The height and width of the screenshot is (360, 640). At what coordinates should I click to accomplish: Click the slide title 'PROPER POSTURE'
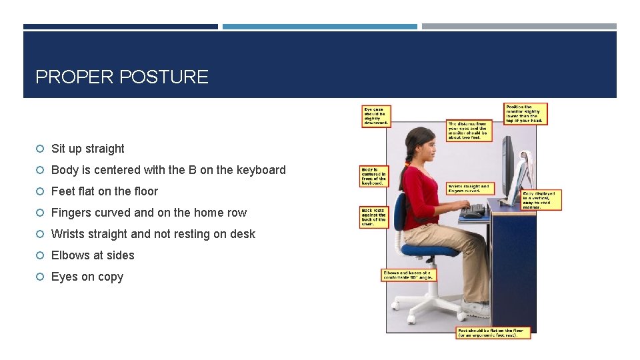click(x=121, y=77)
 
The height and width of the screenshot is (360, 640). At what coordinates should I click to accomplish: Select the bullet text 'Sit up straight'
click(x=87, y=149)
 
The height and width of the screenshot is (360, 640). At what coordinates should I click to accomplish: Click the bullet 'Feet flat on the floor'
click(x=104, y=191)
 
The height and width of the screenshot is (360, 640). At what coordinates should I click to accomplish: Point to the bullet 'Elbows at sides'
click(x=93, y=255)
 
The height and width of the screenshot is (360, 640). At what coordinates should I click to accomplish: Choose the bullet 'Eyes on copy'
click(x=87, y=277)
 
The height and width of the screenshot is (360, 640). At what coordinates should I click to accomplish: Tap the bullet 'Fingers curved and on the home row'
click(x=149, y=213)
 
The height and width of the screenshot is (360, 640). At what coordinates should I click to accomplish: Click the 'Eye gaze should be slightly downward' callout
click(x=375, y=116)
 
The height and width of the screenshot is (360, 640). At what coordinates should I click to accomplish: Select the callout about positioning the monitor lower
click(x=525, y=113)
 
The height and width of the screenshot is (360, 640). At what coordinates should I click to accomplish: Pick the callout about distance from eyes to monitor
click(x=468, y=131)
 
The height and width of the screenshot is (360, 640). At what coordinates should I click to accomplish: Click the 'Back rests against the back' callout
click(x=373, y=217)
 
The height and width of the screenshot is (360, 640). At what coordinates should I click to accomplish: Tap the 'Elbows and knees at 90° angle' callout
click(x=409, y=275)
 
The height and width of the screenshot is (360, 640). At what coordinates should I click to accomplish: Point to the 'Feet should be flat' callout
click(x=493, y=332)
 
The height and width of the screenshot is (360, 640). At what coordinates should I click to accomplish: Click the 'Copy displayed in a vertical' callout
click(x=541, y=200)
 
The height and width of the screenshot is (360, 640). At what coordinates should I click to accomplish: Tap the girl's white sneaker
click(x=475, y=309)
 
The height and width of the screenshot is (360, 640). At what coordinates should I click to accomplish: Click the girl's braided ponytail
click(x=405, y=167)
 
